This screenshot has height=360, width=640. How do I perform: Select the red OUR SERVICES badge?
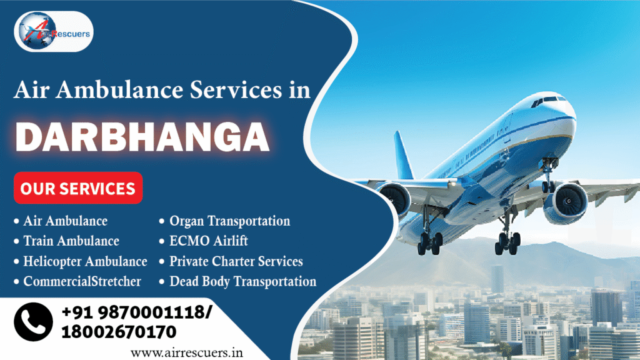pyautogui.click(x=78, y=188)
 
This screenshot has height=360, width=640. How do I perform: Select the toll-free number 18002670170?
pyautogui.click(x=119, y=331)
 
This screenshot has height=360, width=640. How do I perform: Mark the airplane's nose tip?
pyautogui.click(x=574, y=113)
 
